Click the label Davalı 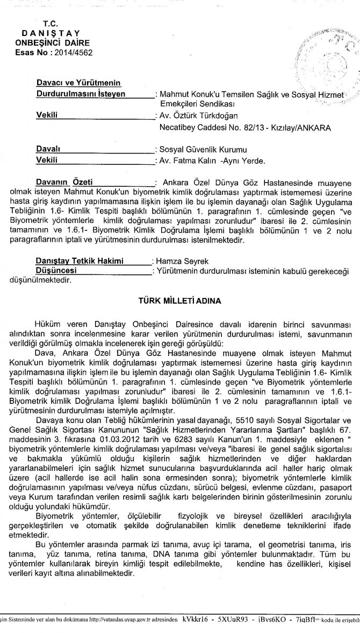47,149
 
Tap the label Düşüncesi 55,271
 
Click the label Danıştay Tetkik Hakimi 79,261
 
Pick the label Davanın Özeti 67,182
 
